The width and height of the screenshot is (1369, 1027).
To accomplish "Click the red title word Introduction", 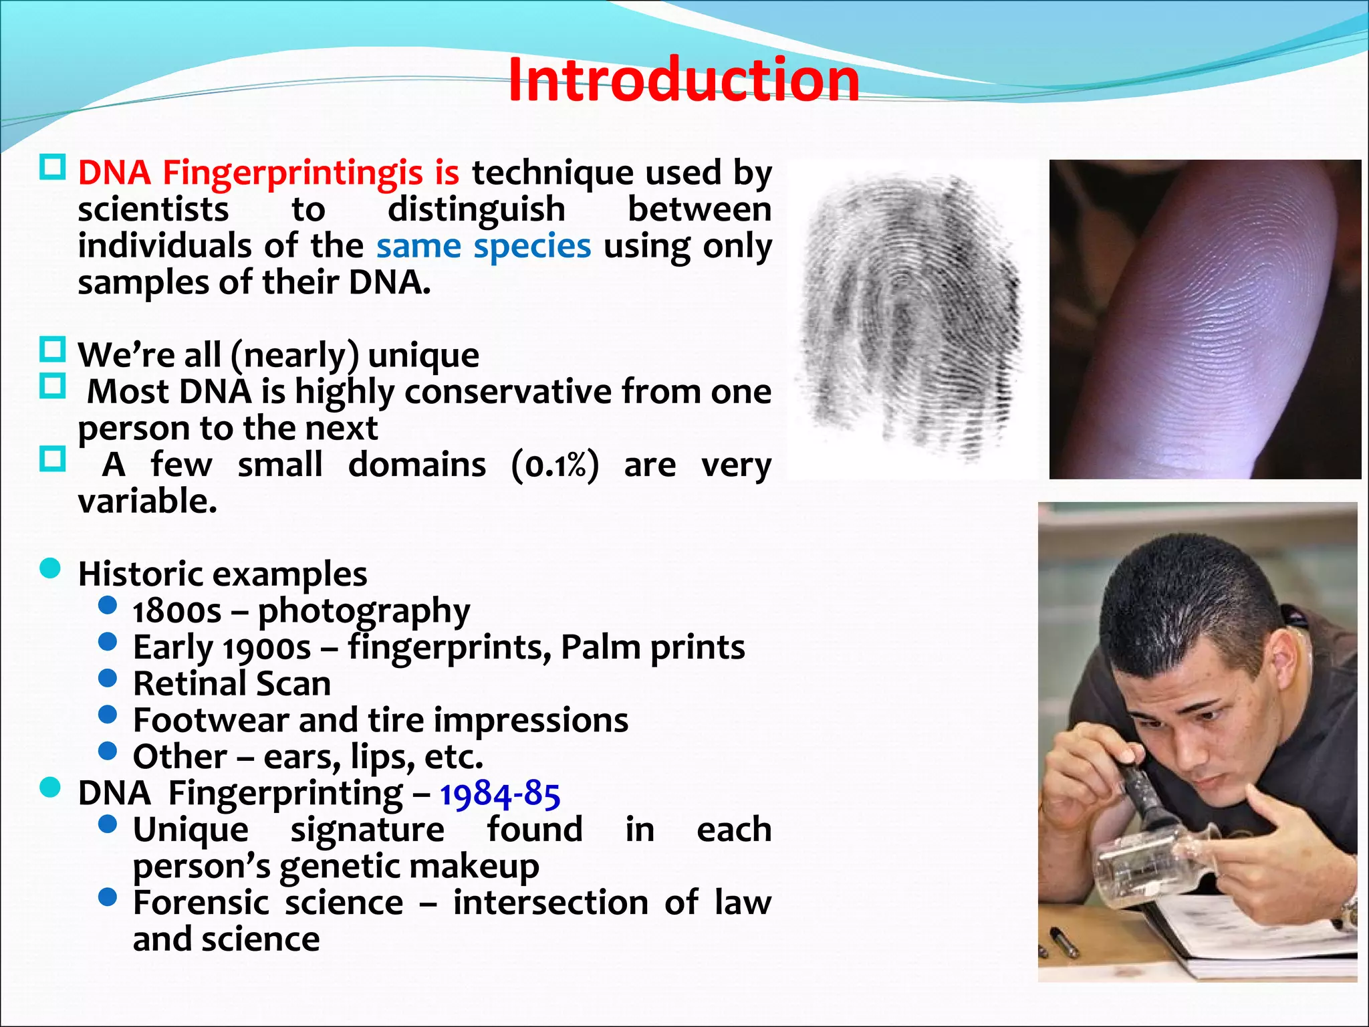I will [x=683, y=80].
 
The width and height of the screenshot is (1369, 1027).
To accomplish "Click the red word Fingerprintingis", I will [x=292, y=173].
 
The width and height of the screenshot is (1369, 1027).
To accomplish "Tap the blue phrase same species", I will [x=483, y=246].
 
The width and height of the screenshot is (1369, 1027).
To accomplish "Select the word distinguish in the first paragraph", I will [x=476, y=209].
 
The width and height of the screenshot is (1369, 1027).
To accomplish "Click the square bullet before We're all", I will [x=52, y=350].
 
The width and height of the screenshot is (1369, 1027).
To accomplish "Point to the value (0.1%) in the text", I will [x=555, y=465].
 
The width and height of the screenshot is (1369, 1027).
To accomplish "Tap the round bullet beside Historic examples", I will [x=51, y=570].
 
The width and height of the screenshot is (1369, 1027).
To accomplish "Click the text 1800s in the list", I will [x=176, y=611].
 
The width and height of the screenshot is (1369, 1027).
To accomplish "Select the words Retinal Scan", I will [x=231, y=684].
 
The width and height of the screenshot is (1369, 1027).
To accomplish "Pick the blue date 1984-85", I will [x=499, y=794].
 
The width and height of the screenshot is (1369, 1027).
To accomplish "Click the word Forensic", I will [x=201, y=903].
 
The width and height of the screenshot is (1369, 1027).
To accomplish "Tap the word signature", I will [x=367, y=830].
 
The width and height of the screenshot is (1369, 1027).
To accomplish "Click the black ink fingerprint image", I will [x=912, y=314].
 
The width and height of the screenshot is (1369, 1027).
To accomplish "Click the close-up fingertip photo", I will [x=1205, y=320].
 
